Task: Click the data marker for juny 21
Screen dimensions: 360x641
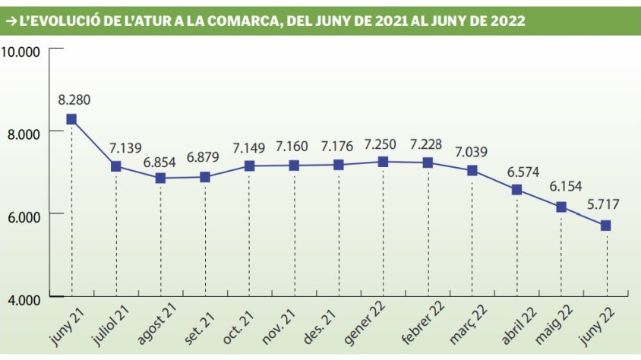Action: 71,118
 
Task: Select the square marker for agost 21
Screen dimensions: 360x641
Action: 160,178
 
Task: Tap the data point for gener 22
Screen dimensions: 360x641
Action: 383,162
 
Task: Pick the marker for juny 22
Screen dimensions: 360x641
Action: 606,226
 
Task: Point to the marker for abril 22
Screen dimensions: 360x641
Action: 516,189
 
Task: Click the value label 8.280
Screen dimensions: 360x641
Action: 73,99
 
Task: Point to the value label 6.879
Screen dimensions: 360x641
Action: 206,157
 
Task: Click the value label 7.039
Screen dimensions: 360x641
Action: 472,152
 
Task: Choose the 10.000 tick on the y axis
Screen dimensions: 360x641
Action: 21,51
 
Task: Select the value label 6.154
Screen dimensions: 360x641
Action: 562,187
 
